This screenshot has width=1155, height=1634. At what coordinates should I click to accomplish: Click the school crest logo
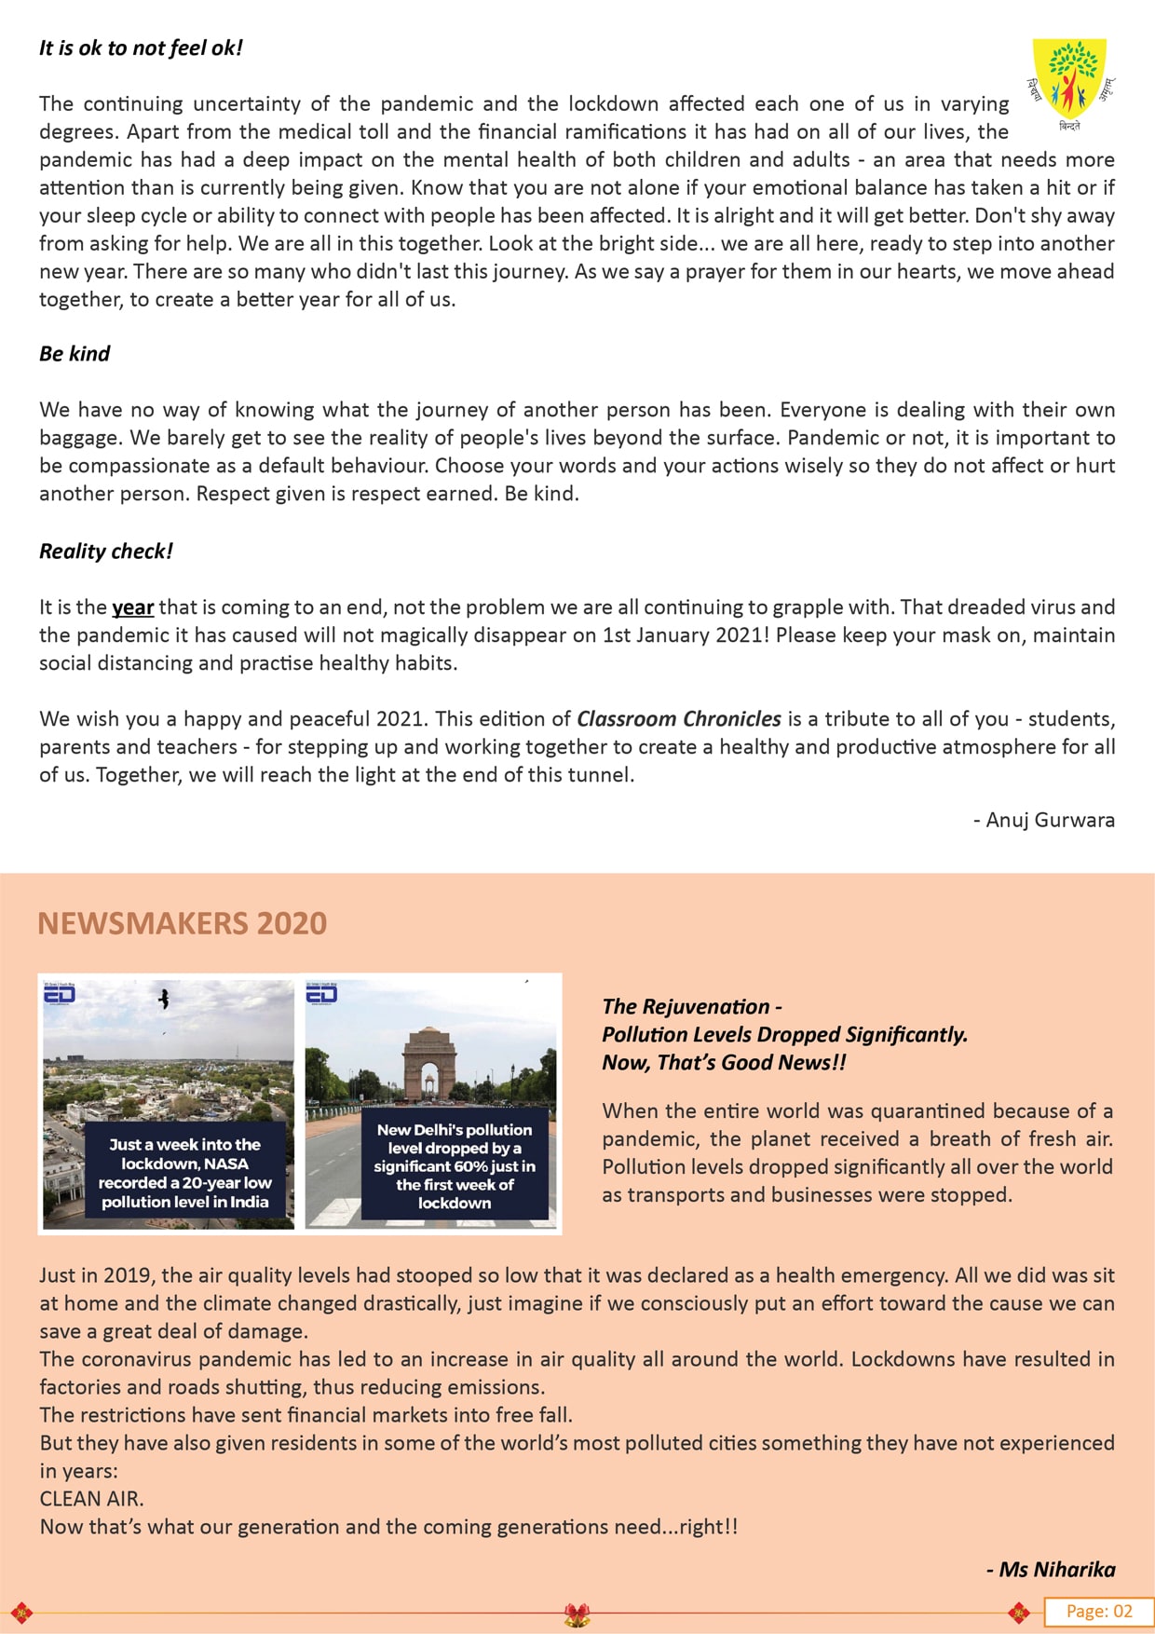pyautogui.click(x=1072, y=81)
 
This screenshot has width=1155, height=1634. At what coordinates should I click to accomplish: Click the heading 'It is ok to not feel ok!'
pyautogui.click(x=141, y=48)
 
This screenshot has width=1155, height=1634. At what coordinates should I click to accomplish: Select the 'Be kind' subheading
pyautogui.click(x=75, y=354)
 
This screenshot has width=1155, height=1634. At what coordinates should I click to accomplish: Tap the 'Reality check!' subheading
pyautogui.click(x=106, y=551)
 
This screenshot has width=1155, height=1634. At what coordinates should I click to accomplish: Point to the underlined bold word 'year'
pyautogui.click(x=132, y=608)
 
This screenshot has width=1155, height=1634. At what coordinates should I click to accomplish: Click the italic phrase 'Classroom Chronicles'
pyautogui.click(x=679, y=719)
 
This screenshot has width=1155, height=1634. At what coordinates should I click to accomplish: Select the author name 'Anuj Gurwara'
pyautogui.click(x=1050, y=820)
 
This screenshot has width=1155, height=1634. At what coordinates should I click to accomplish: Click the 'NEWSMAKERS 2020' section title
pyautogui.click(x=183, y=923)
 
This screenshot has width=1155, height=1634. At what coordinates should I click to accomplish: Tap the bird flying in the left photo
pyautogui.click(x=165, y=999)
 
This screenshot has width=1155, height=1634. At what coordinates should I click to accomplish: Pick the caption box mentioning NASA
pyautogui.click(x=185, y=1173)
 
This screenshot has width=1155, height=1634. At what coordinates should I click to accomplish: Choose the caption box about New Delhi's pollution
pyautogui.click(x=455, y=1166)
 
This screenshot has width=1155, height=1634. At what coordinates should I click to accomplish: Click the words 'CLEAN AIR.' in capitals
pyautogui.click(x=91, y=1499)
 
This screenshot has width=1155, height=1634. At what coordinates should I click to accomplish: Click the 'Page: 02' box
pyautogui.click(x=1098, y=1612)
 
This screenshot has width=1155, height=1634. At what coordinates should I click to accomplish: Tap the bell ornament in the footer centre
pyautogui.click(x=577, y=1614)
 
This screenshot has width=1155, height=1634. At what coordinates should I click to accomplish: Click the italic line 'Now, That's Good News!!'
pyautogui.click(x=724, y=1063)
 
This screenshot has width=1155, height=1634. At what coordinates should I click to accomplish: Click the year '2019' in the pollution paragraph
pyautogui.click(x=128, y=1275)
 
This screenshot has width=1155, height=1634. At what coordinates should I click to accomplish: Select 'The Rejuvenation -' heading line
pyautogui.click(x=692, y=1007)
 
